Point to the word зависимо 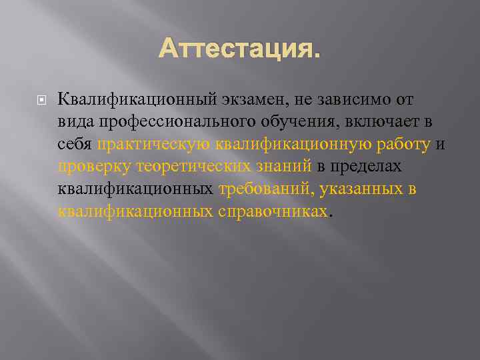pos(345,100)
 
